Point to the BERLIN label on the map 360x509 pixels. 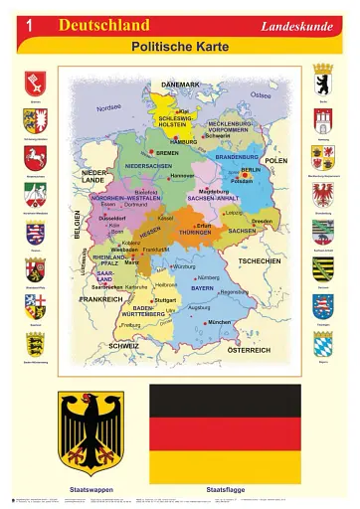(251, 169)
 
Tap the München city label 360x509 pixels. (219, 322)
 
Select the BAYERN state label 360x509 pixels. (203, 288)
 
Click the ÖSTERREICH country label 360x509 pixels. (248, 350)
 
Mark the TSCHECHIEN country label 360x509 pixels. (260, 260)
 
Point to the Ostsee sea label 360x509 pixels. (261, 95)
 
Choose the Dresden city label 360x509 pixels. (263, 221)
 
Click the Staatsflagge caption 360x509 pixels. (224, 491)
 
